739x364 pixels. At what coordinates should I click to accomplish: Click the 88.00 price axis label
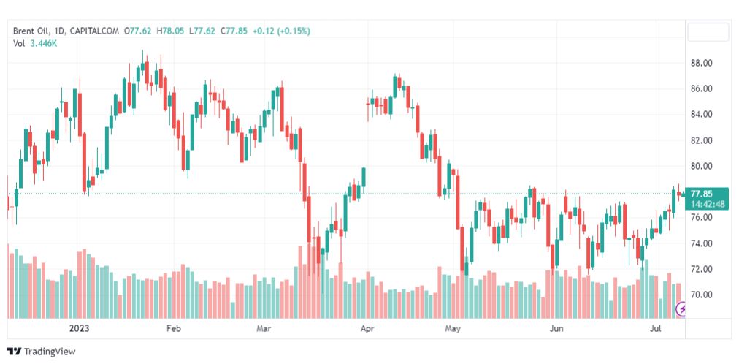pos(701,63)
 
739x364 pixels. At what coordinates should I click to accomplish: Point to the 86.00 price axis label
pos(701,88)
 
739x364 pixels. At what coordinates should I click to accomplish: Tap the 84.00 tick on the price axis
pos(701,114)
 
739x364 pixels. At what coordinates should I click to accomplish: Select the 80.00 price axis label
pos(701,166)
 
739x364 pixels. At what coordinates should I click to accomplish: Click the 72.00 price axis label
pos(701,269)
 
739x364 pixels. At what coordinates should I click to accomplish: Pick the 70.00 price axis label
pos(701,295)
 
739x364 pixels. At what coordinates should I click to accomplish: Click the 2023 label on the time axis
pos(78,329)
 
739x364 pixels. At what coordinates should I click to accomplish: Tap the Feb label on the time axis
pos(173,329)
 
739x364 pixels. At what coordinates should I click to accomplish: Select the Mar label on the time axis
pos(264,329)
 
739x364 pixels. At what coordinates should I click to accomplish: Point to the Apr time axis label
pos(367,329)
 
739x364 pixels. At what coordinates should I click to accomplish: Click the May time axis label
pos(454,329)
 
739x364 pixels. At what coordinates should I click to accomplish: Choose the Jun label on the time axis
pos(556,329)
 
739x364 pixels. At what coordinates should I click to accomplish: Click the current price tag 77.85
pos(702,193)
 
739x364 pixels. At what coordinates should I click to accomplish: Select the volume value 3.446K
pos(43,44)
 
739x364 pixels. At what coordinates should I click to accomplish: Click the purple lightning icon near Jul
pos(681,309)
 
